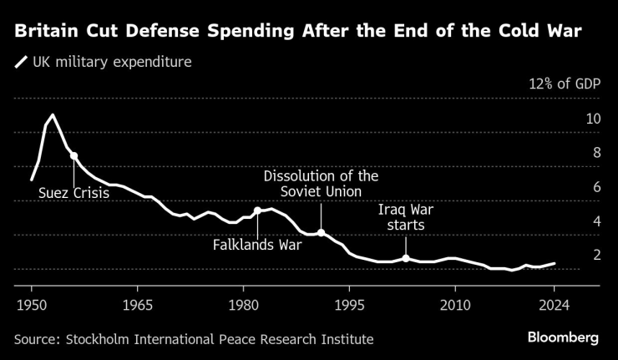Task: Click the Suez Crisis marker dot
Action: (x=73, y=156)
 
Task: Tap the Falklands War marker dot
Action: (x=257, y=210)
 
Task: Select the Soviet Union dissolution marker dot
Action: (x=321, y=233)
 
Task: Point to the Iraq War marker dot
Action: (x=406, y=258)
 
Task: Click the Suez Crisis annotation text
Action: (x=73, y=194)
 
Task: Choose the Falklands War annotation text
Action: (x=257, y=246)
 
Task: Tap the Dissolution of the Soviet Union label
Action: (x=321, y=184)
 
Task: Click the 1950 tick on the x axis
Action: (x=32, y=303)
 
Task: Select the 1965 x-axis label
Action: (x=137, y=303)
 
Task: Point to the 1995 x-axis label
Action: (x=349, y=303)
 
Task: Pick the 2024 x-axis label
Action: (x=555, y=303)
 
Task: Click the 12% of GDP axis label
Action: (x=565, y=84)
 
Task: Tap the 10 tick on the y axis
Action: (x=593, y=119)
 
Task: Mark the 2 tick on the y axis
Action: (x=595, y=255)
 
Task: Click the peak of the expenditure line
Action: (x=53, y=114)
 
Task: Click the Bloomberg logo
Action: (x=563, y=337)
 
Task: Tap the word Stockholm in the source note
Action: (x=99, y=338)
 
